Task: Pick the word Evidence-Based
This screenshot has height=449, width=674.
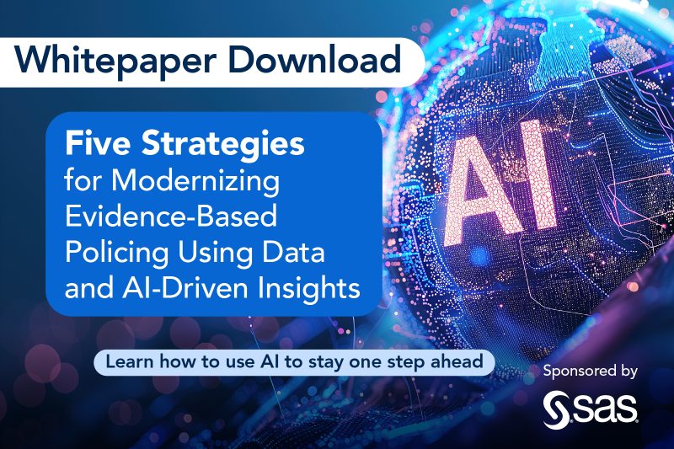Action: click(x=172, y=216)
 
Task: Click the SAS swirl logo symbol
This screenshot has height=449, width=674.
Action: click(x=558, y=409)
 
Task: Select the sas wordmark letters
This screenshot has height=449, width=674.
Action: click(x=610, y=410)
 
